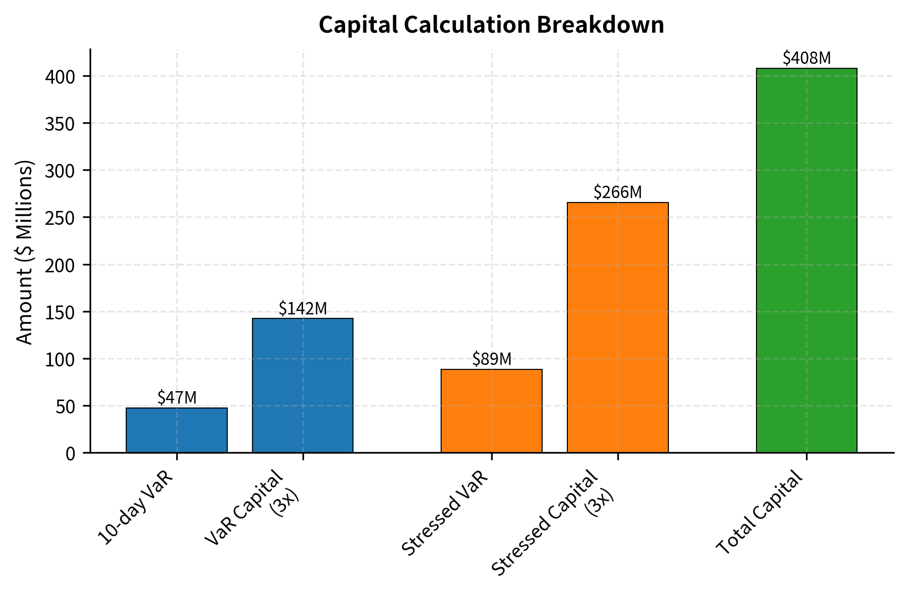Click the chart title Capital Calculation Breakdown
pos(491,25)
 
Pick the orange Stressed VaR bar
pos(491,410)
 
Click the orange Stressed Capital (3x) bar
pos(617,327)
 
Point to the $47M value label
pos(177,398)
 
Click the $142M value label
pos(303,308)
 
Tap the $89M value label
pos(491,359)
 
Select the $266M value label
pos(617,192)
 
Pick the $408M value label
pos(806,58)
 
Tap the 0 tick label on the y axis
pos(70,454)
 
